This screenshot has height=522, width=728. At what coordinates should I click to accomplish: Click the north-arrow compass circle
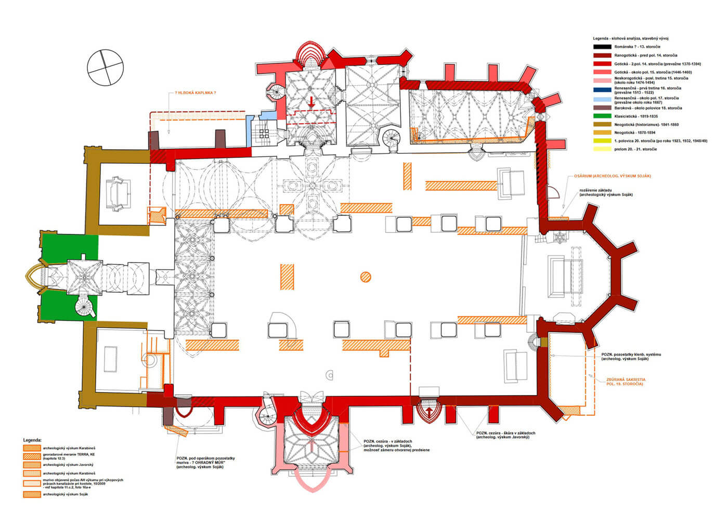pos(106,67)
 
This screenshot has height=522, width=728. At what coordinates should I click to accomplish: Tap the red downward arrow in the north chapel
pos(311,101)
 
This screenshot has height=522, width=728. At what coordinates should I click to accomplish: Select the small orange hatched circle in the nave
pos(366,277)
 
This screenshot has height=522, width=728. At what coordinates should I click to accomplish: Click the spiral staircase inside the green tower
pos(85,307)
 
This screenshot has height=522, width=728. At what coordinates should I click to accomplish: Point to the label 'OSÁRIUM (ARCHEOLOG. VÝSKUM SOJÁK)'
pos(612,176)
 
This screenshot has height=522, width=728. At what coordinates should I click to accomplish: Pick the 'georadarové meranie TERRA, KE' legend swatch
pos(31,456)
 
